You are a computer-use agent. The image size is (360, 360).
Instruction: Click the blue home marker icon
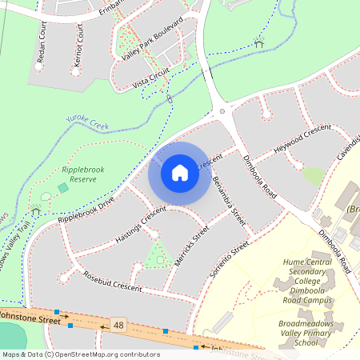[180, 173]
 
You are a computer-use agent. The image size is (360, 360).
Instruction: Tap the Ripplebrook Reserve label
[78, 174]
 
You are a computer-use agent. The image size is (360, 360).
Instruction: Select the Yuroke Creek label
[88, 122]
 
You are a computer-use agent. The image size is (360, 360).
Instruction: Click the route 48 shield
[119, 325]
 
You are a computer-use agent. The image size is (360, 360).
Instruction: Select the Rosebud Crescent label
[113, 282]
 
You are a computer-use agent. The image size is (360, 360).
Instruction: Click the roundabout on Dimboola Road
[221, 111]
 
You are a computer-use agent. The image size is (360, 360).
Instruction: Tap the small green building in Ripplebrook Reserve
[63, 188]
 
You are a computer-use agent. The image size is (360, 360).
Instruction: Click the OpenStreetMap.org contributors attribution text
[108, 354]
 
